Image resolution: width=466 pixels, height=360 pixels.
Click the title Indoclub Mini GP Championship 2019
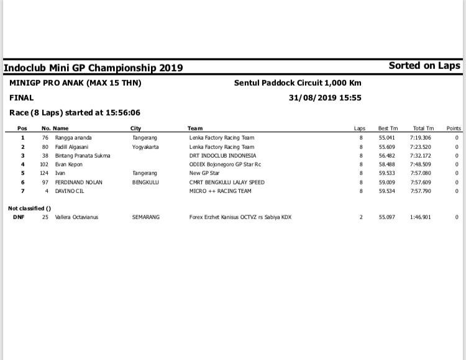click(x=93, y=68)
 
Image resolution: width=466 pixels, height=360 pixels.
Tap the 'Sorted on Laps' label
click(x=424, y=65)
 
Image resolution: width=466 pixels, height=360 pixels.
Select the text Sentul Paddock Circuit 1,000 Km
click(x=298, y=83)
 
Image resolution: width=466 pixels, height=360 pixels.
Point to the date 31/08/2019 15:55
click(x=325, y=97)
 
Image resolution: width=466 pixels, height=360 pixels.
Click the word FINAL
click(x=22, y=97)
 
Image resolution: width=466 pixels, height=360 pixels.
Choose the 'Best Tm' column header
click(x=388, y=128)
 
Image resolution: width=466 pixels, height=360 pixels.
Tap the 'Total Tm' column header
click(x=423, y=128)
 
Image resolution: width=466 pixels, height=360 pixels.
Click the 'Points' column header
click(x=454, y=128)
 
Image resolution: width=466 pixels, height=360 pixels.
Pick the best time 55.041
click(x=387, y=138)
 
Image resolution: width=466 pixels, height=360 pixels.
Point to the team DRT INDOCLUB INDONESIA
click(x=222, y=156)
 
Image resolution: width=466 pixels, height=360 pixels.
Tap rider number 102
click(x=44, y=164)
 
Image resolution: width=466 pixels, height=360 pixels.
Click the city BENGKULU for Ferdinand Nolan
click(x=147, y=182)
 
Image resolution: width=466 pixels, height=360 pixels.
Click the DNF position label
click(x=19, y=217)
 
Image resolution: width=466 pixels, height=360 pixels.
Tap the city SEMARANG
click(x=146, y=217)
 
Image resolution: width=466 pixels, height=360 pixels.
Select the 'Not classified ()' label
click(x=29, y=208)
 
